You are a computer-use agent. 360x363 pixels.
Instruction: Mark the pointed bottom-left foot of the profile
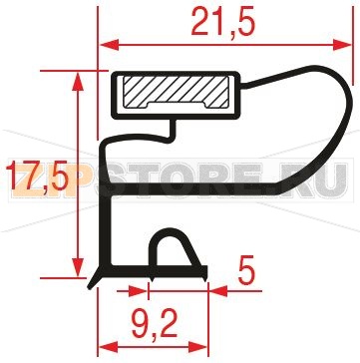[96, 281]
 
